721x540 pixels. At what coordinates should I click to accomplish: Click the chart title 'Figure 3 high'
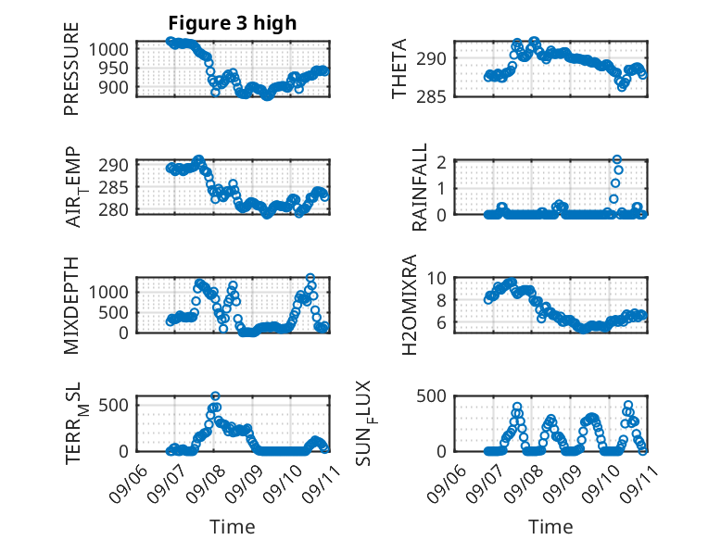point(233,23)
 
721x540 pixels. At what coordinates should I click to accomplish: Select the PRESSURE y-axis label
point(71,69)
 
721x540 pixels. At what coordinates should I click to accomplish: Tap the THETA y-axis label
point(399,69)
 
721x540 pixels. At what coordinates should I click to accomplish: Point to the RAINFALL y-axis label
point(420,187)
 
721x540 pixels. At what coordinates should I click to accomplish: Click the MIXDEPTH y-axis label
point(71,306)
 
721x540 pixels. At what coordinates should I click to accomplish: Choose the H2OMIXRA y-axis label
point(409,305)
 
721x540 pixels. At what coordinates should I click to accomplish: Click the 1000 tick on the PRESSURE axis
point(108,49)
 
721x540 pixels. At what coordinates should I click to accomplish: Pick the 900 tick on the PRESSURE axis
point(114,87)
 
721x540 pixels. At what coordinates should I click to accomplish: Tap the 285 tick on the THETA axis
point(431,96)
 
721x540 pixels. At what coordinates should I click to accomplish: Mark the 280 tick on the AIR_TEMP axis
point(114,209)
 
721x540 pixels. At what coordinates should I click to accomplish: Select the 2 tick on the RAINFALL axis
point(442,162)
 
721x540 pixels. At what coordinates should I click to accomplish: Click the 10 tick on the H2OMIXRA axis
point(436,278)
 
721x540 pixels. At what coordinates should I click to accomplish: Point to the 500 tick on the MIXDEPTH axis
point(114,312)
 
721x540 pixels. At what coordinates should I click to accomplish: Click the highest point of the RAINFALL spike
point(617,159)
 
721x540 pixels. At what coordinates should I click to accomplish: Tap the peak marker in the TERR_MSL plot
point(215,396)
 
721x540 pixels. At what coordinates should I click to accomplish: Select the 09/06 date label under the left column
point(129,483)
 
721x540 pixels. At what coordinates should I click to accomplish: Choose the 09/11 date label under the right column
point(639,483)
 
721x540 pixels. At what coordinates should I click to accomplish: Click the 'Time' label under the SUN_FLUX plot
point(550,527)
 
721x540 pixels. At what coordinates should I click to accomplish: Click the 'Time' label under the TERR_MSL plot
point(233,527)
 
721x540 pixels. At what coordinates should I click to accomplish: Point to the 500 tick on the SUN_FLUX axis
point(431,396)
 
